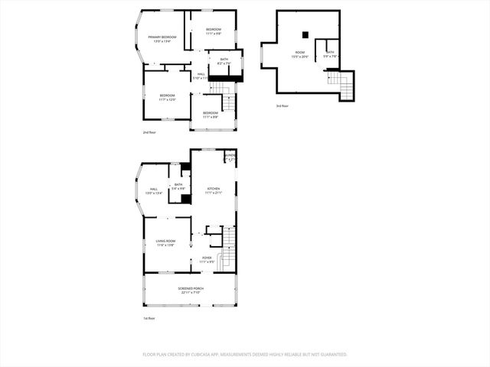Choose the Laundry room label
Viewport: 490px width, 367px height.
230,156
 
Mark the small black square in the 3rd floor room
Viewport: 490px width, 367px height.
305,34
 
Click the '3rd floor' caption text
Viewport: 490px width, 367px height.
283,106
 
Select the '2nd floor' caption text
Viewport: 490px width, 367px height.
149,132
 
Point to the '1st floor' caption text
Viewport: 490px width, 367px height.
149,318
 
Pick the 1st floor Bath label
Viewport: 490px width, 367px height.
178,186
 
